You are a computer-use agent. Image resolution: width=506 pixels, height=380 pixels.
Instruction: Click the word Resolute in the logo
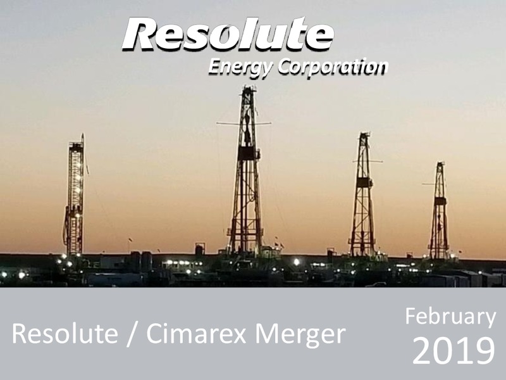[x=228, y=34]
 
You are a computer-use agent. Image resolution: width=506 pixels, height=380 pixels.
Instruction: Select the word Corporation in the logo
[x=333, y=67]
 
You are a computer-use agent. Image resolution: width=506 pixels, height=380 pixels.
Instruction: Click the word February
[x=450, y=317]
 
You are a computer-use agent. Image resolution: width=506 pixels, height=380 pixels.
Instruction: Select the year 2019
[x=454, y=351]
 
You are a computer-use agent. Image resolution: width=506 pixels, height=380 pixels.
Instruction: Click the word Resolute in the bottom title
[x=65, y=334]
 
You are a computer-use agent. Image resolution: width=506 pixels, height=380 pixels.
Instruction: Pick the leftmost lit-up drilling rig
[x=75, y=195]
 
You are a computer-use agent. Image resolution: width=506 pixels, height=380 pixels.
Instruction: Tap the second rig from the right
[x=363, y=194]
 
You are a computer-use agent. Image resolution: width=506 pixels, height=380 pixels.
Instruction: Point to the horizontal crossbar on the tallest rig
[x=244, y=123]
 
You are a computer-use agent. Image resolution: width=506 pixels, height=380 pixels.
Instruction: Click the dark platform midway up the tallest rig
[x=248, y=153]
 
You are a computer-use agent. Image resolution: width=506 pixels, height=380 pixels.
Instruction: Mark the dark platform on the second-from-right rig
[x=364, y=182]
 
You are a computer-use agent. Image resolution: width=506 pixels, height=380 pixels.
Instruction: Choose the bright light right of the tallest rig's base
[x=296, y=262]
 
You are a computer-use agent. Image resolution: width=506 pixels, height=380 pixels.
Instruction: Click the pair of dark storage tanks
[x=141, y=261]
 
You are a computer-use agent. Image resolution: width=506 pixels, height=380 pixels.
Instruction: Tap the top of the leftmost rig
[x=83, y=134]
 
